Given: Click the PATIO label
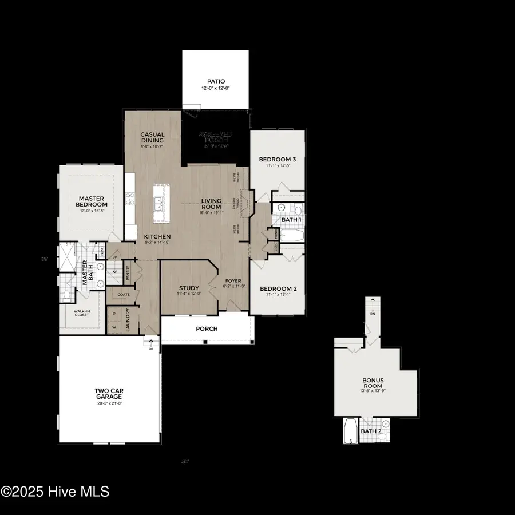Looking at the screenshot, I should tap(215, 82).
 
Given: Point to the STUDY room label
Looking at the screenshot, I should tap(188, 288).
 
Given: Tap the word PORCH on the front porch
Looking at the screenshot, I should tap(206, 329).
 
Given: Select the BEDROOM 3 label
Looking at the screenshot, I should tap(277, 159).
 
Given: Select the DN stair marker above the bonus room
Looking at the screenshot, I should tap(373, 314).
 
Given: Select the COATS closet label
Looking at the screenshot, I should tap(124, 295).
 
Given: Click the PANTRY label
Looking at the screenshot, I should tap(128, 272).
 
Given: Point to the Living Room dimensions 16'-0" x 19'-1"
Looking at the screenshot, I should tap(211, 212).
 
